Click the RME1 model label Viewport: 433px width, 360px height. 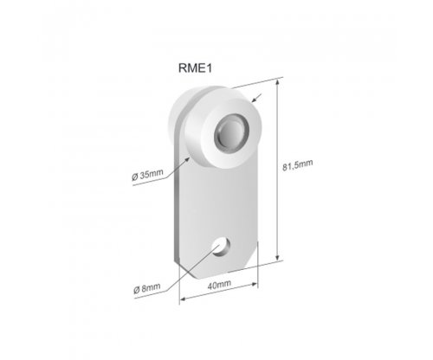pyautogui.click(x=196, y=68)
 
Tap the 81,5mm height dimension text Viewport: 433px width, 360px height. pyautogui.click(x=297, y=165)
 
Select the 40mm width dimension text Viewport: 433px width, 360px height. pyautogui.click(x=219, y=285)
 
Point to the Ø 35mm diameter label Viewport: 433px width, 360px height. pyautogui.click(x=147, y=175)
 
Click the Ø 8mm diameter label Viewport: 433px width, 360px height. pyautogui.click(x=147, y=288)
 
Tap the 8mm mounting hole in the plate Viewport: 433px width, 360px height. pyautogui.click(x=221, y=247)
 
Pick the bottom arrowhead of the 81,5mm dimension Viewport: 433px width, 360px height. pyautogui.click(x=277, y=257)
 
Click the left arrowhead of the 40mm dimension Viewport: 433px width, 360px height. pyautogui.click(x=184, y=299)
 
